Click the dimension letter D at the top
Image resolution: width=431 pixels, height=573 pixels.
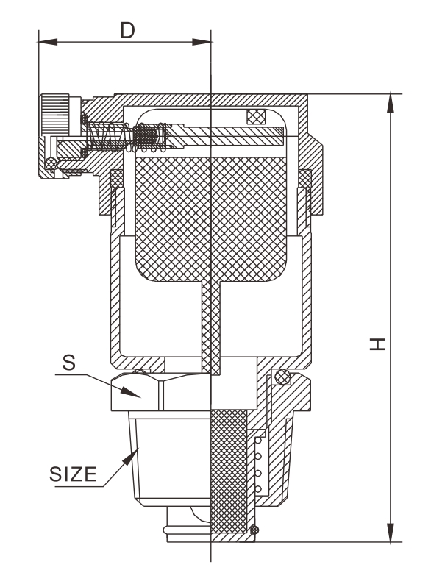[127, 30]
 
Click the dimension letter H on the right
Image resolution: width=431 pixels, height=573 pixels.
[377, 344]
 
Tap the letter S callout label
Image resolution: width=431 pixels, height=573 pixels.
[68, 363]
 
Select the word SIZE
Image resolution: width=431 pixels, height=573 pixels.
[73, 474]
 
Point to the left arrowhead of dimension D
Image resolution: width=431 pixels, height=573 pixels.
[48, 42]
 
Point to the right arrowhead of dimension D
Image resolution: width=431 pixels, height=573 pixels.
[202, 42]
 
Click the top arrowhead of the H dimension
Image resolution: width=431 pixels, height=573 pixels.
[391, 103]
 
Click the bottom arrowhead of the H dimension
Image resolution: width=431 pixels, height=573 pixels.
[391, 533]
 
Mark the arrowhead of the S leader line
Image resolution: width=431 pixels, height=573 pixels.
[132, 393]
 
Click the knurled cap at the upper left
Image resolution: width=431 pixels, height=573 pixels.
[54, 115]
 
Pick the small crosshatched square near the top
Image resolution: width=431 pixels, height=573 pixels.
[256, 117]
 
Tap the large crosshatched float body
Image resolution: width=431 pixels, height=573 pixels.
[211, 219]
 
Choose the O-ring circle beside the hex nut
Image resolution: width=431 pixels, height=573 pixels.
[282, 377]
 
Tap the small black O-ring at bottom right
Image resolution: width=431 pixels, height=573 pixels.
[254, 529]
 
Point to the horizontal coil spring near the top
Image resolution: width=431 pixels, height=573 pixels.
[110, 137]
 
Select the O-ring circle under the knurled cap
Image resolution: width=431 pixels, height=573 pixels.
[51, 163]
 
